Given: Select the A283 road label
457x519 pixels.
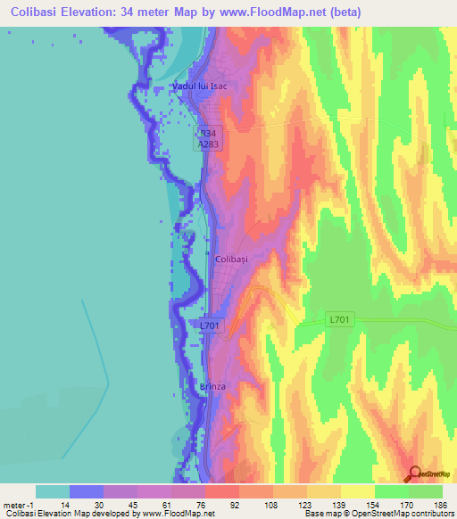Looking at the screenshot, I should click(209, 142).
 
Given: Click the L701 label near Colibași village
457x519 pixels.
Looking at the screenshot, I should click(210, 325).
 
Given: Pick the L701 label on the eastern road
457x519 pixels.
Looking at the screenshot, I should click(340, 318).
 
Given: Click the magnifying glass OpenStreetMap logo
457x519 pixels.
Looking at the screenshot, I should click(413, 473).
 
